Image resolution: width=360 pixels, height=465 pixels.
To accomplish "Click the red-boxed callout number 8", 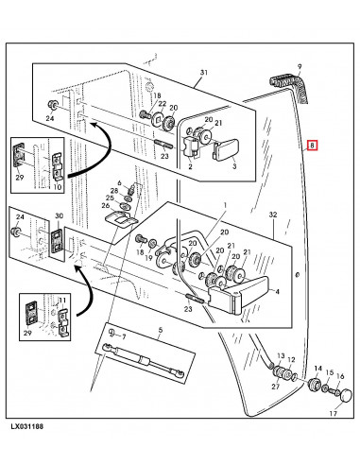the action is pos(312,146).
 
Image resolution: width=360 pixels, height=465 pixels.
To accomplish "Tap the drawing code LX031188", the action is pos(27,427).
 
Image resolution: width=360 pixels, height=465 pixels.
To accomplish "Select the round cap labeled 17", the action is pos(346,395).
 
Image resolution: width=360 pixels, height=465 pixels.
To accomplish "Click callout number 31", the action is pos(204,73).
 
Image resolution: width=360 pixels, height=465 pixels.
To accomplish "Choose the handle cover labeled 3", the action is pos(227,149).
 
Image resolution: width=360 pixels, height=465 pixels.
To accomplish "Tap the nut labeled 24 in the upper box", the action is pos(52,104).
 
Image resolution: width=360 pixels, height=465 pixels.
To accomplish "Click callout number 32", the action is pos(273,215).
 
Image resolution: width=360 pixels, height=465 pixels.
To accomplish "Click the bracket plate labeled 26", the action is pos(121,218).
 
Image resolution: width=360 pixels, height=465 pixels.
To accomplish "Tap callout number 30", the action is pos(59,215).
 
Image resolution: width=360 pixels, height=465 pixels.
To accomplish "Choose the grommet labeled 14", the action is pos(314,385).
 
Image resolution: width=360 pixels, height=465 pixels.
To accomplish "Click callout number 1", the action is pos(225,205).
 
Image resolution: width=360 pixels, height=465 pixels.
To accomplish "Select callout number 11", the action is pos(62,301).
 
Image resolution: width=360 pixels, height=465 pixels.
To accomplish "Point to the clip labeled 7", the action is pos(111,332).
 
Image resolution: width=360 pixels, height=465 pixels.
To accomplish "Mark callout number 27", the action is pos(276,387).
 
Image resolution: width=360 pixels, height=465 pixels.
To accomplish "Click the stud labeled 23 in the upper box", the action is pos(163,146).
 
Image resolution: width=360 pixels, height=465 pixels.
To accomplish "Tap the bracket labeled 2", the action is pos(190,146).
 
